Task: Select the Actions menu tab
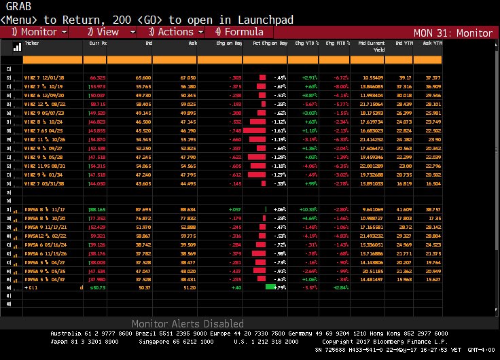click(x=170, y=32)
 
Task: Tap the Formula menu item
click(x=239, y=32)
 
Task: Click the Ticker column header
click(x=32, y=42)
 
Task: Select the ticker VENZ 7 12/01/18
click(x=46, y=78)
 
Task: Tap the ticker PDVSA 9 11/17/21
click(x=44, y=226)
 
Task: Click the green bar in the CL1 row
click(x=270, y=287)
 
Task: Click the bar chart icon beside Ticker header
click(x=16, y=46)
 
